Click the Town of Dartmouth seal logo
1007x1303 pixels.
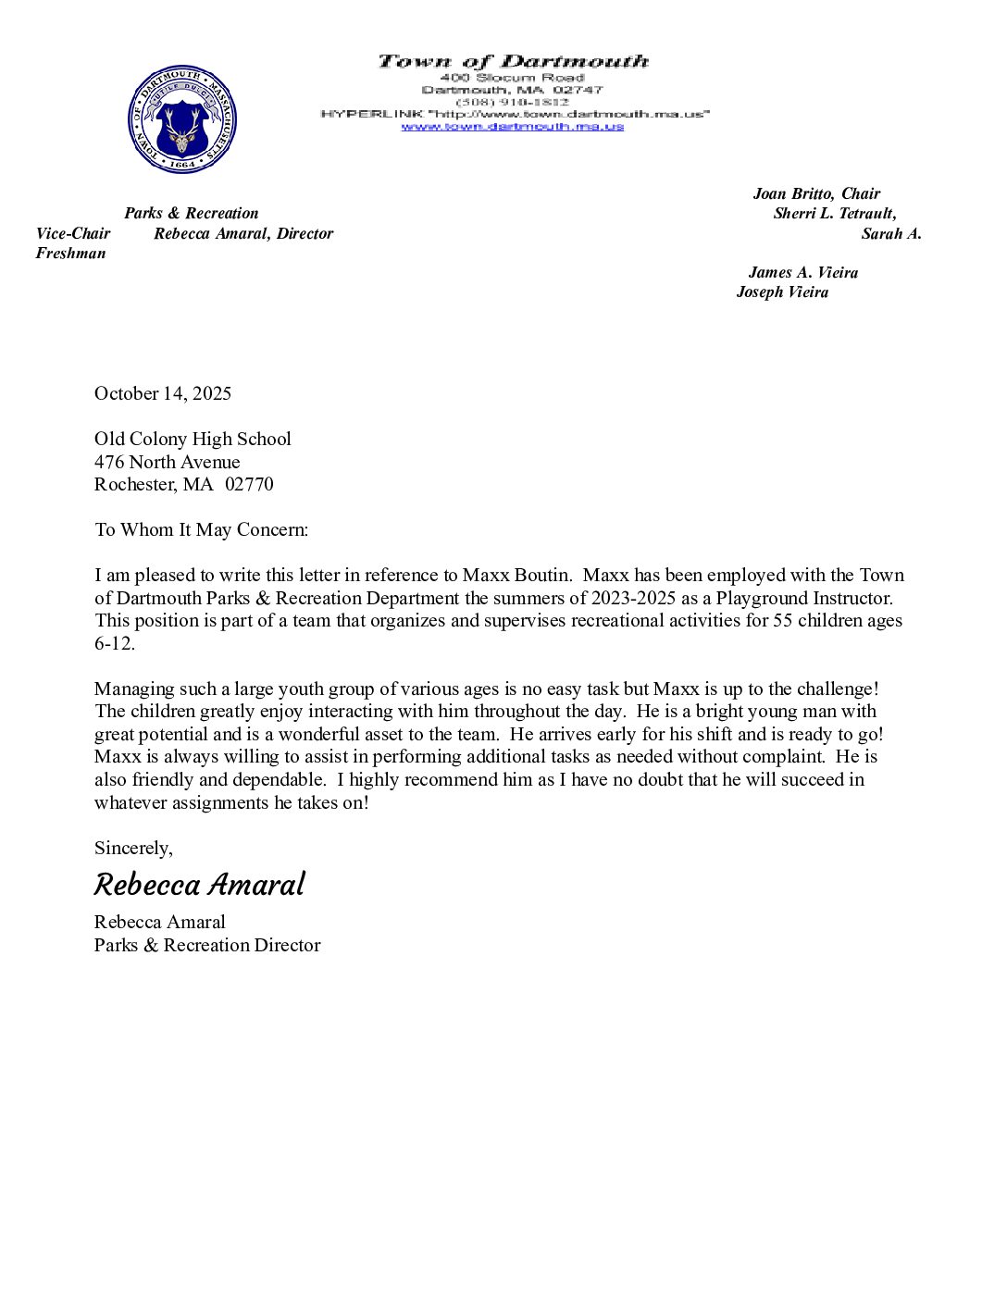[182, 119]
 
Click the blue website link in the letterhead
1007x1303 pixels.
[512, 127]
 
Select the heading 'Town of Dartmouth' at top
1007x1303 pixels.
[513, 62]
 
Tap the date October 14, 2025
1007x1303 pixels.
[163, 393]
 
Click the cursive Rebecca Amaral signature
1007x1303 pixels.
[199, 885]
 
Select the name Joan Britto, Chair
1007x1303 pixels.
[816, 193]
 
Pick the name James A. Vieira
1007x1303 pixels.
[802, 272]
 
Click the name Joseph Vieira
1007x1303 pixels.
[782, 292]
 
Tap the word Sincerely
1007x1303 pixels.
[132, 848]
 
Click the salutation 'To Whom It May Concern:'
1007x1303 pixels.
[201, 529]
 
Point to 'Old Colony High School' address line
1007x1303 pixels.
[193, 439]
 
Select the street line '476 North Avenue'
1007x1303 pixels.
[167, 462]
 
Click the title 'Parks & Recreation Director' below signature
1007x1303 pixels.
[207, 945]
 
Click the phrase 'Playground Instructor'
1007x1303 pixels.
[803, 598]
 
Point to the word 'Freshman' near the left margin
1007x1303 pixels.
[70, 254]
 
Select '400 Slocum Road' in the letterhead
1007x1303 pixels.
[512, 78]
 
